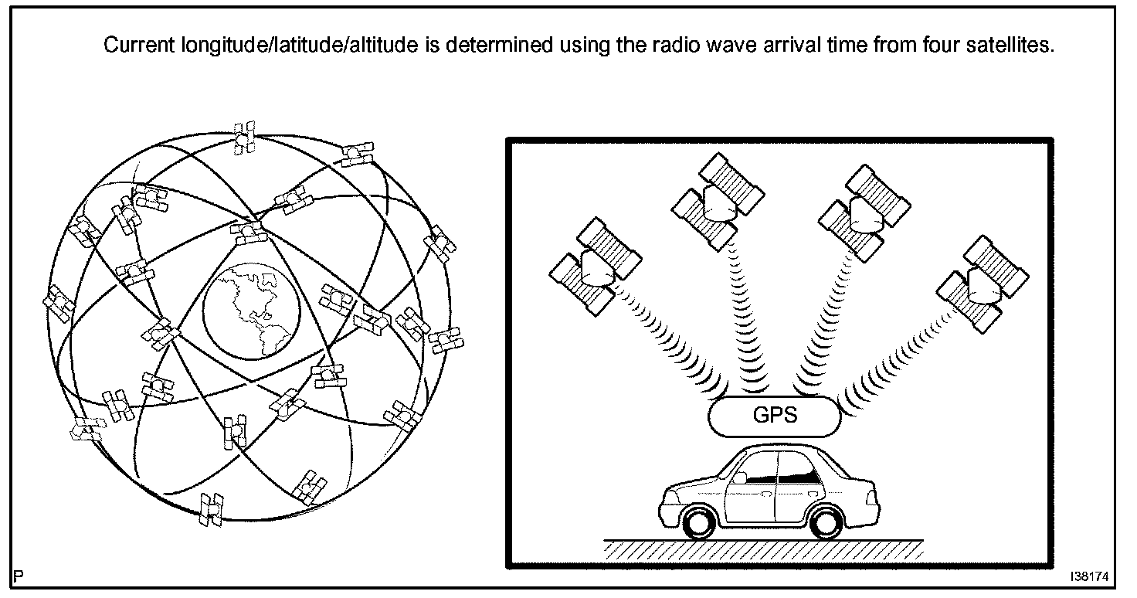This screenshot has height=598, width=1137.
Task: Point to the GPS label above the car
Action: pos(774,416)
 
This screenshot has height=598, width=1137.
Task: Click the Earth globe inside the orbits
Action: pos(249,310)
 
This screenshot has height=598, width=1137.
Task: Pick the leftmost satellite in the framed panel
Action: pos(595,266)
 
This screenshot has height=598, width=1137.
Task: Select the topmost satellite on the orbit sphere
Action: pos(246,135)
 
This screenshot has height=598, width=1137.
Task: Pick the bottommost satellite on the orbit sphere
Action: pos(210,509)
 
